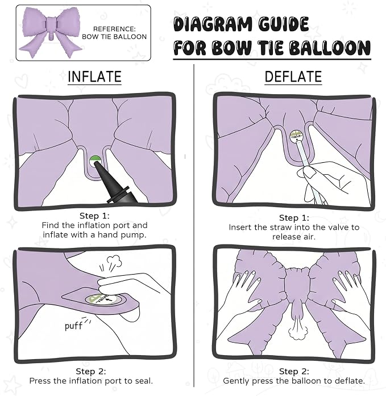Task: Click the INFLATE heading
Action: point(94,77)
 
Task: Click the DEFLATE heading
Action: point(293,77)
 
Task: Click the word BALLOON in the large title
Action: point(330,48)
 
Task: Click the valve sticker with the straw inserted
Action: point(296,136)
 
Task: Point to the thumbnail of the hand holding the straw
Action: point(310,173)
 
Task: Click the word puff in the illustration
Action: point(73,326)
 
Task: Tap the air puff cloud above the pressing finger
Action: point(114,262)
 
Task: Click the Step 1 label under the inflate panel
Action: point(94,216)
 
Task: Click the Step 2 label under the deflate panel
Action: point(294,372)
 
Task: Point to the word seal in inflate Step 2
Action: point(145,381)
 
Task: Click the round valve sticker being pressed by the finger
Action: point(104,300)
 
